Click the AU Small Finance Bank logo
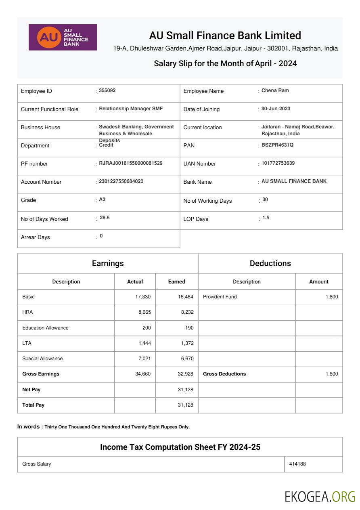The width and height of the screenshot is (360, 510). pyautogui.click(x=63, y=37)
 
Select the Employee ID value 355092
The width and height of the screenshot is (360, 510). pyautogui.click(x=107, y=90)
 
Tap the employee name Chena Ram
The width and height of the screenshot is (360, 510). pyautogui.click(x=275, y=90)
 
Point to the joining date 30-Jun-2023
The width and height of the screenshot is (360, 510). pyautogui.click(x=276, y=109)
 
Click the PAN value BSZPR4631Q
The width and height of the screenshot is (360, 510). pyautogui.click(x=277, y=145)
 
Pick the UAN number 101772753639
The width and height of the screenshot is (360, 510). pyautogui.click(x=278, y=163)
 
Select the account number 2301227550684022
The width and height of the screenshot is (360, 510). pyautogui.click(x=121, y=181)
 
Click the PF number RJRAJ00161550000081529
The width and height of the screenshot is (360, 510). pyautogui.click(x=131, y=163)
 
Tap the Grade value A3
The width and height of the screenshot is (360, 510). pyautogui.click(x=102, y=199)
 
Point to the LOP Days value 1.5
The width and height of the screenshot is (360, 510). pyautogui.click(x=266, y=218)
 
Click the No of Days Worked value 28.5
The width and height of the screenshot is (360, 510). pyautogui.click(x=105, y=218)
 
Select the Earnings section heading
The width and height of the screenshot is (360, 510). pyautogui.click(x=108, y=263)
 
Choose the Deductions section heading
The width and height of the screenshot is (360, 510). pyautogui.click(x=270, y=263)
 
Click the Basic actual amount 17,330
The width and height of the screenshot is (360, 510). pyautogui.click(x=143, y=297)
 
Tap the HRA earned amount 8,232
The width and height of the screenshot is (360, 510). pyautogui.click(x=186, y=312)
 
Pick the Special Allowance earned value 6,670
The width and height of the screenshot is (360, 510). pyautogui.click(x=186, y=359)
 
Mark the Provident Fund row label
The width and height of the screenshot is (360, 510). pyautogui.click(x=220, y=297)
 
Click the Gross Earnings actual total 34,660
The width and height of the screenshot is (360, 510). pyautogui.click(x=143, y=374)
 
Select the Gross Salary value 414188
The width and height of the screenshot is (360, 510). pyautogui.click(x=297, y=464)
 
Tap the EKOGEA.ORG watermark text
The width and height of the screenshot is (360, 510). pyautogui.click(x=320, y=496)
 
